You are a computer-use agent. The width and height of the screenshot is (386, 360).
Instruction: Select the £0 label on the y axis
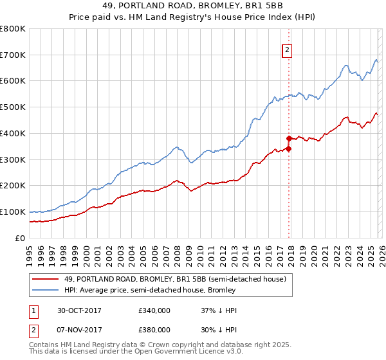point(20,238)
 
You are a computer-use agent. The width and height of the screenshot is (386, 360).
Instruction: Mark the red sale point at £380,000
point(289,138)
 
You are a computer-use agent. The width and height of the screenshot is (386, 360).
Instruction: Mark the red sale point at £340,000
point(289,148)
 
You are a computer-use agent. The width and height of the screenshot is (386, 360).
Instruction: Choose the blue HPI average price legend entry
point(150,290)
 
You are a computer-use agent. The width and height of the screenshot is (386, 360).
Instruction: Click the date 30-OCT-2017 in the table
point(80,310)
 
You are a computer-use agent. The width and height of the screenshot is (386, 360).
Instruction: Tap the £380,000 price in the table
point(154,330)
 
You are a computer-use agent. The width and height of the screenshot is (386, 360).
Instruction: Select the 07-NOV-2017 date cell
point(80,330)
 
